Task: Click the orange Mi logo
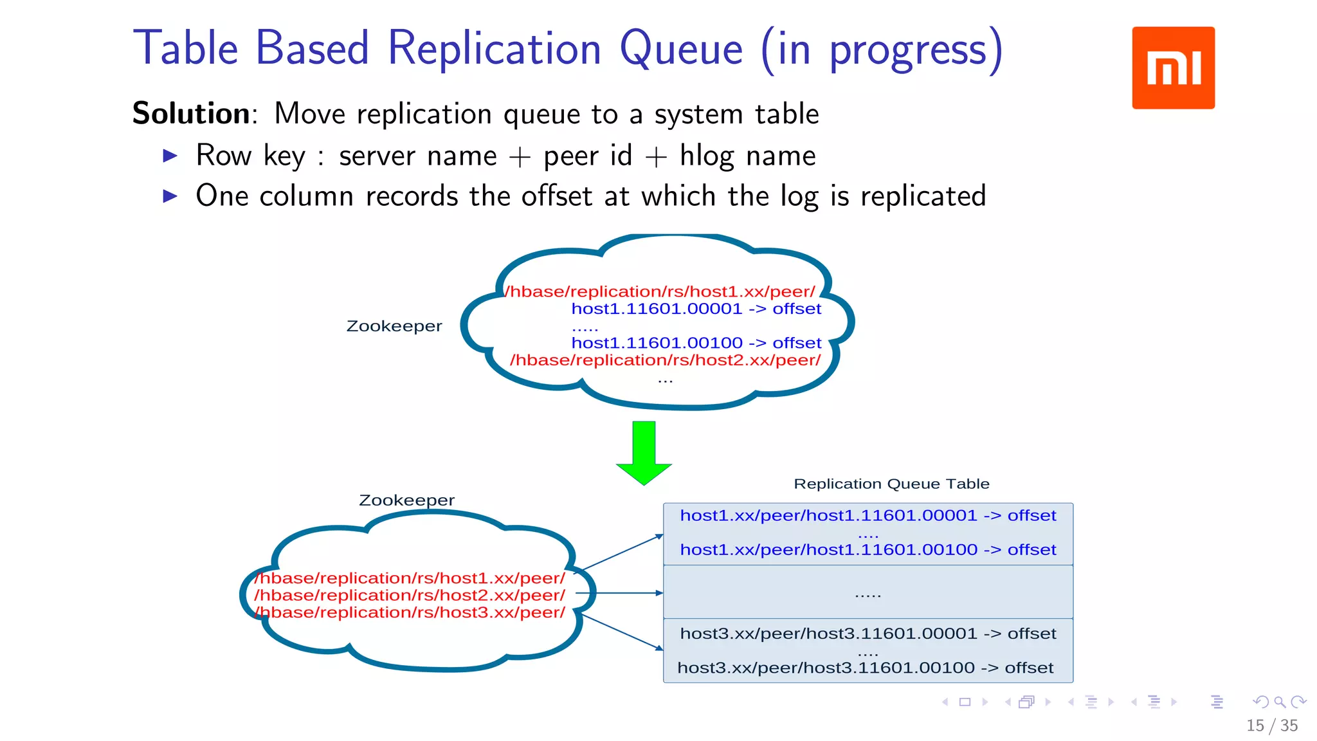(1173, 68)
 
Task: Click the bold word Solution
(191, 114)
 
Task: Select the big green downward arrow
(644, 452)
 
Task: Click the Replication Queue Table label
(891, 484)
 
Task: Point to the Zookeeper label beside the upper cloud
(394, 326)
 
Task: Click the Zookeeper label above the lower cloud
(406, 500)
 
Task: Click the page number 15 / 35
(1271, 726)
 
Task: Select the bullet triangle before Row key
(170, 156)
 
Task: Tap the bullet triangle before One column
(170, 196)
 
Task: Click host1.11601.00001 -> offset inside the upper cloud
(696, 309)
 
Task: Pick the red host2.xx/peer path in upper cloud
(665, 360)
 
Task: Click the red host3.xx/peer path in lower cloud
(410, 612)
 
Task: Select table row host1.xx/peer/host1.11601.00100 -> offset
(867, 550)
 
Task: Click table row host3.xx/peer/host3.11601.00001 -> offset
(867, 634)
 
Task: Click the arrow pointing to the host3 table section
(622, 632)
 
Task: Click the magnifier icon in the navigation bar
(1280, 702)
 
